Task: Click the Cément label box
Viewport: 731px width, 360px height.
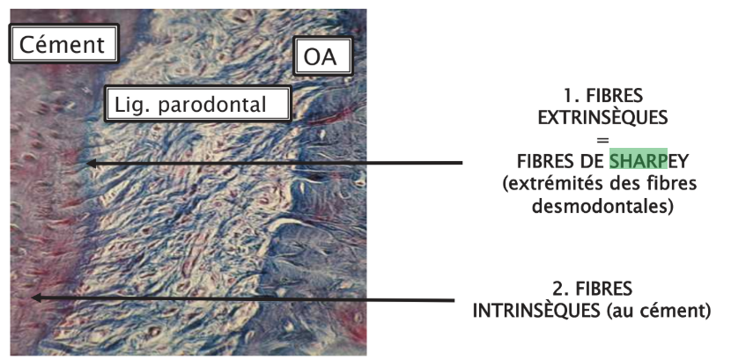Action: click(x=64, y=44)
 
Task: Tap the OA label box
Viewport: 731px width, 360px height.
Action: click(x=322, y=57)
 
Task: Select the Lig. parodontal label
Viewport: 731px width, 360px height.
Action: click(x=198, y=104)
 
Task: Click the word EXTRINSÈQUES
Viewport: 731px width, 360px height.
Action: click(x=602, y=118)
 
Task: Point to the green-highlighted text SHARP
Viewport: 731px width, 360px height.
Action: click(x=639, y=161)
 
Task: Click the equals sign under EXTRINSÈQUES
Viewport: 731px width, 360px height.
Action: click(x=602, y=140)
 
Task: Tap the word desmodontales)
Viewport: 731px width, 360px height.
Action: click(x=602, y=206)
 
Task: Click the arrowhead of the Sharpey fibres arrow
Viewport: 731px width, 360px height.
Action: click(x=92, y=163)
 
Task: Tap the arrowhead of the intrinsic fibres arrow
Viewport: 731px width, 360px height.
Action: click(x=36, y=298)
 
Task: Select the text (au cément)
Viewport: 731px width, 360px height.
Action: click(x=659, y=311)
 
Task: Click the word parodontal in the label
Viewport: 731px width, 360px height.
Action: click(x=212, y=105)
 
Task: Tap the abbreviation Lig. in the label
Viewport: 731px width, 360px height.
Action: click(x=130, y=106)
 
